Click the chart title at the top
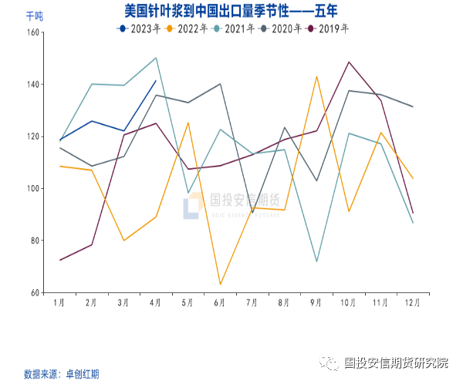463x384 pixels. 231,11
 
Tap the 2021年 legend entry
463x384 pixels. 234,29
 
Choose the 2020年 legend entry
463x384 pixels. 282,29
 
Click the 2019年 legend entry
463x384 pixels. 329,29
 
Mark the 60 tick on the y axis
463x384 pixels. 34,293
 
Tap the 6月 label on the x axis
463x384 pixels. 220,303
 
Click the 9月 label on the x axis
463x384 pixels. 316,303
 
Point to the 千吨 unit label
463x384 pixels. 34,15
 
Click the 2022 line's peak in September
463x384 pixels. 316,76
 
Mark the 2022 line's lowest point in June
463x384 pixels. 220,285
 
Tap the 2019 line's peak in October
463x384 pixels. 349,62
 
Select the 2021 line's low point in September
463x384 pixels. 316,261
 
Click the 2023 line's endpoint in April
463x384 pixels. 156,81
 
